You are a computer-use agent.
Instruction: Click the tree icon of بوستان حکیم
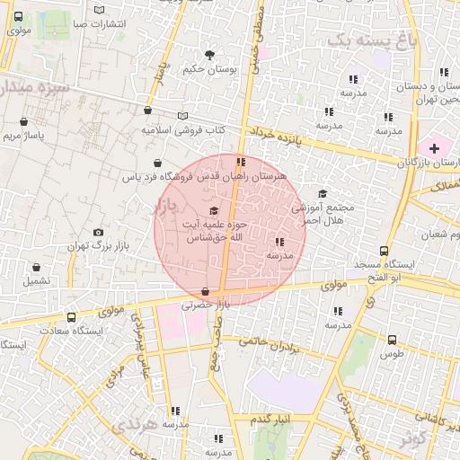click(x=210, y=55)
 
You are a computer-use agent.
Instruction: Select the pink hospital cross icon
click(x=435, y=146)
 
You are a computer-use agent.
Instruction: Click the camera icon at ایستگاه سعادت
click(x=73, y=317)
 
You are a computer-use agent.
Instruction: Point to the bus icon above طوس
click(x=392, y=341)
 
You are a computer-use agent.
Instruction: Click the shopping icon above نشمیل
click(x=37, y=267)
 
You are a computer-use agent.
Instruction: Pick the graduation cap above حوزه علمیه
click(x=213, y=209)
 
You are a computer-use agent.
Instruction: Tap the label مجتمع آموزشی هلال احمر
click(x=323, y=213)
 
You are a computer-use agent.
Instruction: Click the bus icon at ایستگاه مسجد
click(x=385, y=252)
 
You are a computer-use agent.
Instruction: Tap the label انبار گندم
click(x=269, y=420)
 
